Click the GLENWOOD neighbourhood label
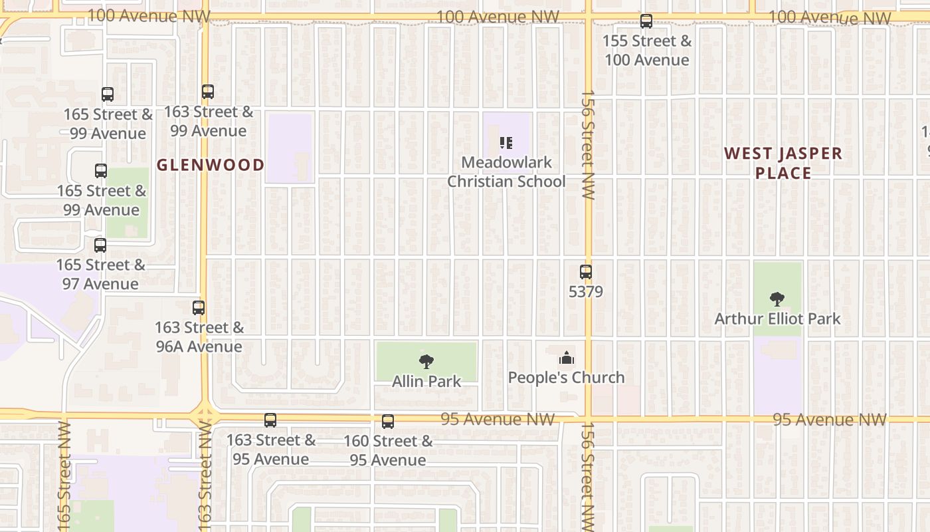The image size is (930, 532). [x=211, y=165]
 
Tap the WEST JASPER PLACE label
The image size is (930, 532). [x=783, y=163]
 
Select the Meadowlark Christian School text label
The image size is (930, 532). [x=506, y=172]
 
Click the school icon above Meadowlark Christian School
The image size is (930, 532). [x=506, y=142]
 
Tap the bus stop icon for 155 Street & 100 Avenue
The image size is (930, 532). [x=646, y=21]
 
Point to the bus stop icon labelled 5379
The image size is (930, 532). [x=585, y=272]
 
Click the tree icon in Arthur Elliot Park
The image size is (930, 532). [x=777, y=299]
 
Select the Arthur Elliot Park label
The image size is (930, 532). [x=777, y=319]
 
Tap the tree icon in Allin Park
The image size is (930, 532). [x=426, y=362]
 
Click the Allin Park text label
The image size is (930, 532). [x=426, y=382]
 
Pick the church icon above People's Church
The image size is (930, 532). [x=566, y=358]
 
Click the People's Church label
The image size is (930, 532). [x=566, y=378]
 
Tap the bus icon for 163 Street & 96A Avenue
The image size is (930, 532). [x=199, y=308]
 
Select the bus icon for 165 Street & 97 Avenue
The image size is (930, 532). [x=100, y=245]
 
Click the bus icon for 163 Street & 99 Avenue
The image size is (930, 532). [x=208, y=92]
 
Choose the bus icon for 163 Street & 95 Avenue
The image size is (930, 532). [x=270, y=420]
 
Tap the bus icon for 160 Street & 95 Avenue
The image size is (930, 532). [x=388, y=422]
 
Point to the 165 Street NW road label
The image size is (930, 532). [x=64, y=475]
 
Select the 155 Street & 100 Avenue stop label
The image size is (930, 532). [x=646, y=51]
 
